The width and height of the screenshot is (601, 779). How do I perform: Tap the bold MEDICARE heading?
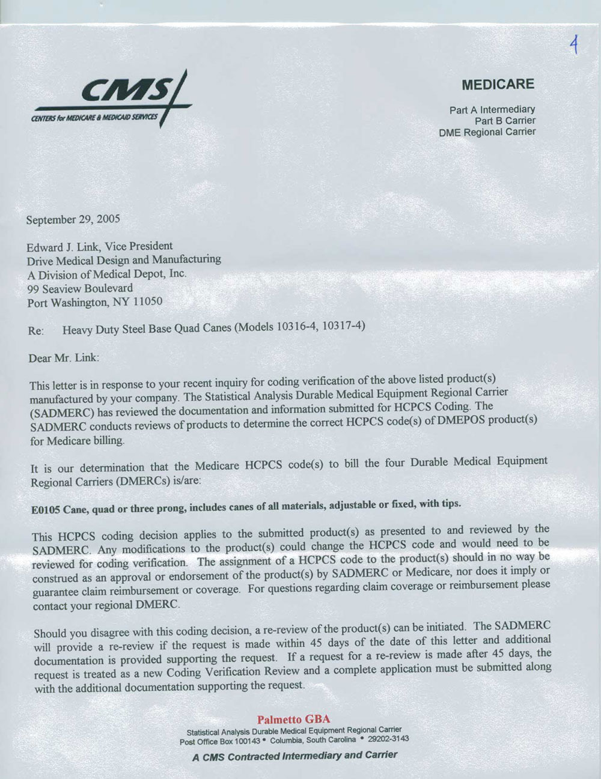[x=498, y=85]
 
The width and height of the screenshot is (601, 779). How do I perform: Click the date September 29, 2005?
[x=73, y=219]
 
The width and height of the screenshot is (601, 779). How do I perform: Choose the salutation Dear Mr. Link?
[x=64, y=358]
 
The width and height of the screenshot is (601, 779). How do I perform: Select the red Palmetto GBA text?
[x=294, y=719]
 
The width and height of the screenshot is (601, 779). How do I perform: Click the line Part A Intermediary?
[x=492, y=110]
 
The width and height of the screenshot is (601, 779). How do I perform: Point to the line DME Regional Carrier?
[x=487, y=132]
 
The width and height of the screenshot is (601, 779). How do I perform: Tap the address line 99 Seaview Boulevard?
[x=80, y=288]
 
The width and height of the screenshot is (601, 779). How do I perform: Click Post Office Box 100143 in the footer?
[x=220, y=741]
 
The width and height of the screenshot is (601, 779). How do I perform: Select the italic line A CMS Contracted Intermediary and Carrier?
[x=294, y=756]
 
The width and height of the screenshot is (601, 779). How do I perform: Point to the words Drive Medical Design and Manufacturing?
[x=124, y=260]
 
